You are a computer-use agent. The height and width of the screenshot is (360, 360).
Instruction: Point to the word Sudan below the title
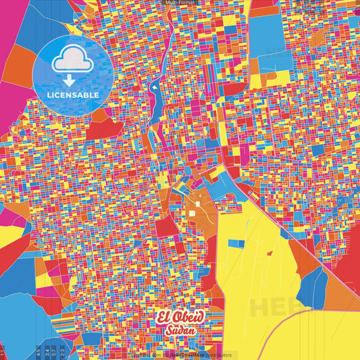pyautogui.click(x=179, y=331)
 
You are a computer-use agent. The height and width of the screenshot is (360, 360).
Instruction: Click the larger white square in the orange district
pyautogui.click(x=191, y=214)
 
